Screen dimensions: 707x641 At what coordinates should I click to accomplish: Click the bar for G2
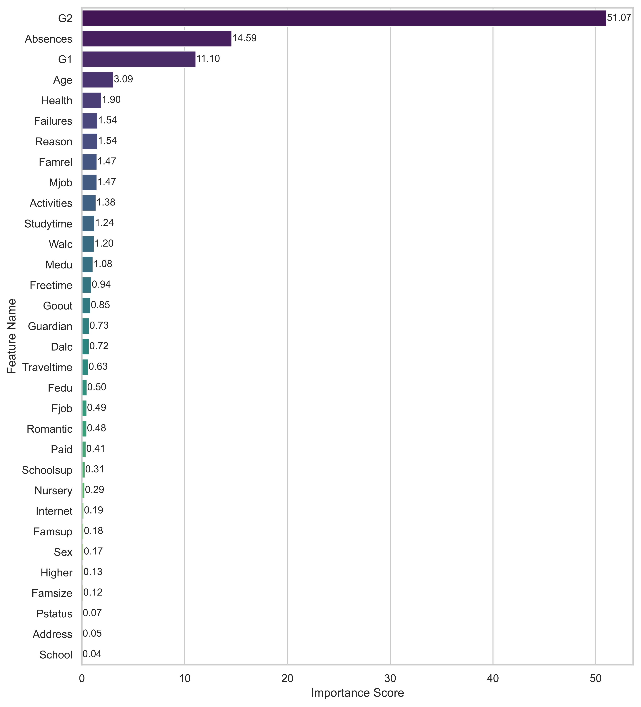pos(344,18)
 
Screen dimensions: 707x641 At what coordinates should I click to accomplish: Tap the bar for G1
pos(139,59)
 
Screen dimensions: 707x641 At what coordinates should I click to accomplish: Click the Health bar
pos(91,100)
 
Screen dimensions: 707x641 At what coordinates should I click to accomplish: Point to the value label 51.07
pos(619,18)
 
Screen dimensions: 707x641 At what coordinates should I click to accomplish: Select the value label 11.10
pos(208,59)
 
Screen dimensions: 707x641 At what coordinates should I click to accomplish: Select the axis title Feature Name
pos(12,336)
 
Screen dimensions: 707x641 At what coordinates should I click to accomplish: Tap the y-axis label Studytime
pos(48,224)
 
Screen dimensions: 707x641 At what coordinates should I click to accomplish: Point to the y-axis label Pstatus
pos(54,614)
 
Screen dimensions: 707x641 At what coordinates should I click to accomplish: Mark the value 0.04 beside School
pos(92,654)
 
